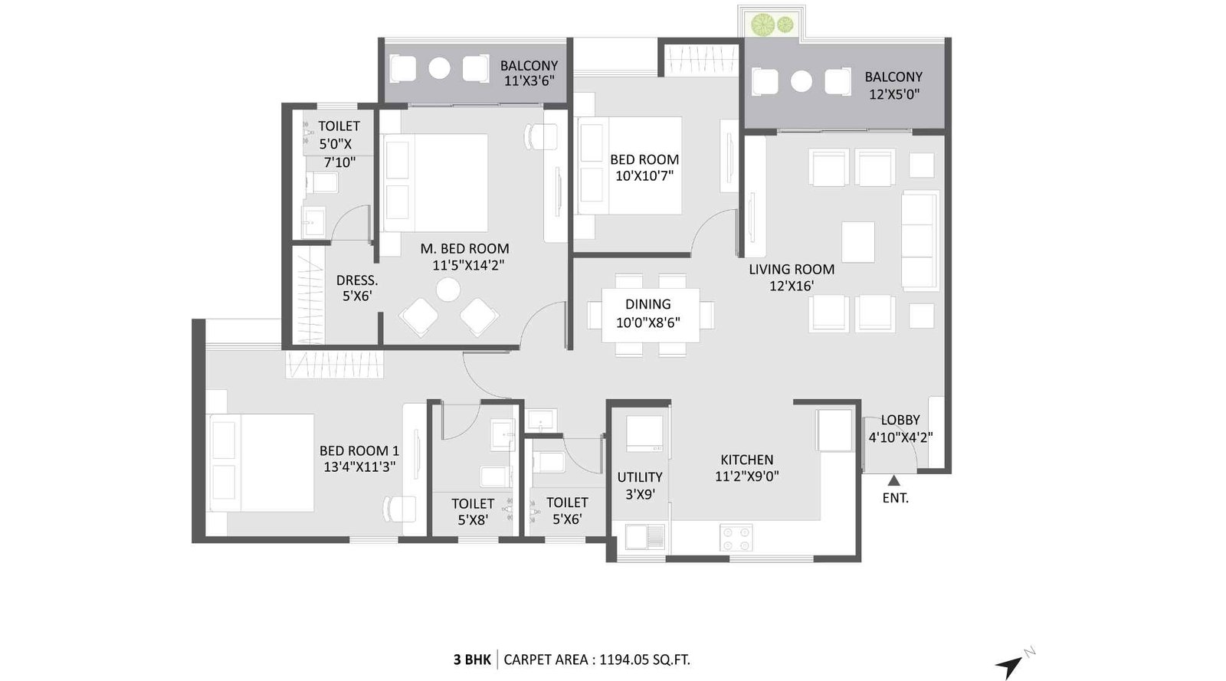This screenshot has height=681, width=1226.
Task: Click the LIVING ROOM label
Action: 792,270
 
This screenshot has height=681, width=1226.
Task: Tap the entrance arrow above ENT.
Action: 893,481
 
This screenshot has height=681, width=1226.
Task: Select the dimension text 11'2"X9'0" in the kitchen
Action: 747,476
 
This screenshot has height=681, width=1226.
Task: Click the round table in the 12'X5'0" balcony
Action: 801,81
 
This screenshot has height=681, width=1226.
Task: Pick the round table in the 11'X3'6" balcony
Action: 439,68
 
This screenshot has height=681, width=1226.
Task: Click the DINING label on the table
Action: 647,304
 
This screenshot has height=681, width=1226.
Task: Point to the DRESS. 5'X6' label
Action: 357,288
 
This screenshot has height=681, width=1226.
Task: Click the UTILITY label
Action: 640,477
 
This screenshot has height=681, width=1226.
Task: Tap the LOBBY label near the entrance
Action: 900,420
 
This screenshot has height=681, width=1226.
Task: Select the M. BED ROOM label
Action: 464,249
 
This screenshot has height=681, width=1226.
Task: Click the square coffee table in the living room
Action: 858,242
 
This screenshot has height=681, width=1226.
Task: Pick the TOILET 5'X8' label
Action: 473,511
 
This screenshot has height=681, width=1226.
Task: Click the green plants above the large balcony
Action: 772,25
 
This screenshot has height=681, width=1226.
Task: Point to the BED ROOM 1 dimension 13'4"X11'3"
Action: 359,467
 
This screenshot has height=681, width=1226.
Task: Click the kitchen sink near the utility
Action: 645,536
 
